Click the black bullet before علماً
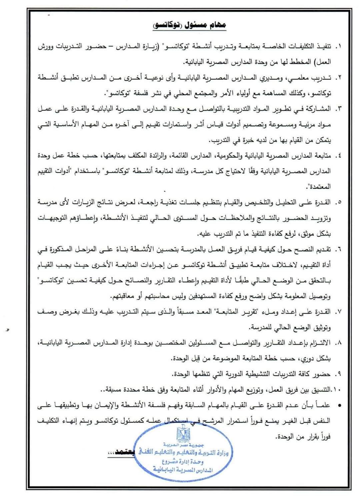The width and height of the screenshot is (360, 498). (340, 405)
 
